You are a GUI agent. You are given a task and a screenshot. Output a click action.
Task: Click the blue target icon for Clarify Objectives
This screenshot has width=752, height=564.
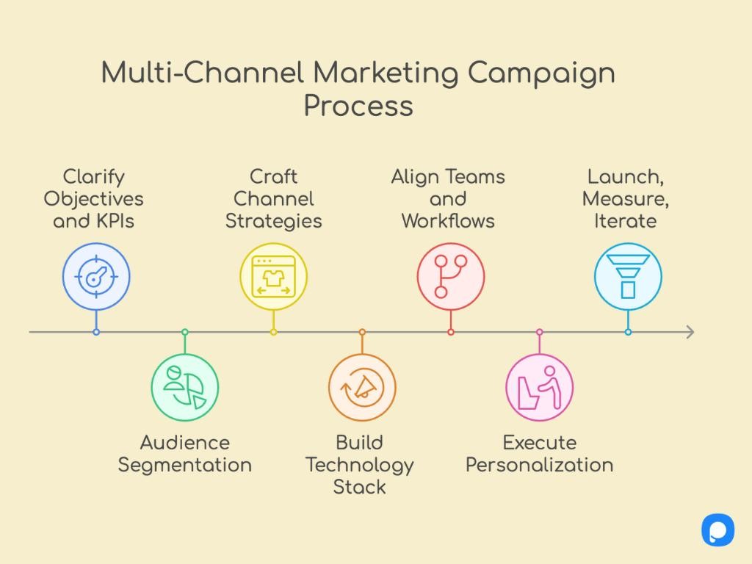point(96,278)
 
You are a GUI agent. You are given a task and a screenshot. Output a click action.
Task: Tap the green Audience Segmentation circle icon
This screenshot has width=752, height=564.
point(185,387)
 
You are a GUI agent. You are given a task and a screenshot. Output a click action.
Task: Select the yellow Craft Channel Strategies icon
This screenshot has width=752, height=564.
point(273,278)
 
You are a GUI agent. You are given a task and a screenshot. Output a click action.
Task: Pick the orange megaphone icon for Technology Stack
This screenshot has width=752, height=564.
point(362,387)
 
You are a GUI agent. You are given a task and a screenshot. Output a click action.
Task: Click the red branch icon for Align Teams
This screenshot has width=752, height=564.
point(451,278)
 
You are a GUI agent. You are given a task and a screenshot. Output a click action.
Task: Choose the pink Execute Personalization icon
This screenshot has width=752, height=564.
point(540,387)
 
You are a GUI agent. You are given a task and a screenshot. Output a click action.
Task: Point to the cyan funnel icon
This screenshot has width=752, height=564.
point(628,278)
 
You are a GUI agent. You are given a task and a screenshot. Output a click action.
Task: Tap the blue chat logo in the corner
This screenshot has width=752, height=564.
point(717,529)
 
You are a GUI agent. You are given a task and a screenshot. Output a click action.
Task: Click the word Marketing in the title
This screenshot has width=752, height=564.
point(386,73)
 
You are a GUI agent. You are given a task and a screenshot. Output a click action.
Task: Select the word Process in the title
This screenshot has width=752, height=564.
point(358,105)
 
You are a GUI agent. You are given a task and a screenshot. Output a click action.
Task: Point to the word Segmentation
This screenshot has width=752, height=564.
point(185,465)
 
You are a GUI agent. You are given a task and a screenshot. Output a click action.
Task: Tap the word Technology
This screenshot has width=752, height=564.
point(359,465)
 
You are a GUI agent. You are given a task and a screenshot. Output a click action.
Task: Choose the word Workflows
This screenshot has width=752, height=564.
point(448,220)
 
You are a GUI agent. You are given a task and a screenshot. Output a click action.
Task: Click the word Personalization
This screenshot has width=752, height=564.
point(540,465)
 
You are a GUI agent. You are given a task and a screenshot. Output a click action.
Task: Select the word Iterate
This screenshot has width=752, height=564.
point(626,220)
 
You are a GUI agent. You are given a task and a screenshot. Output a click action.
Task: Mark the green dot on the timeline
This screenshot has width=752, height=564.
point(185,332)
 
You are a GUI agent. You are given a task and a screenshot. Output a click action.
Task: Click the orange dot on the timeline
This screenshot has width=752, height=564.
point(362,332)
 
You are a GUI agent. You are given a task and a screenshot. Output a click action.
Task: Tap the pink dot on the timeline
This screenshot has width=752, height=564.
point(540,332)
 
